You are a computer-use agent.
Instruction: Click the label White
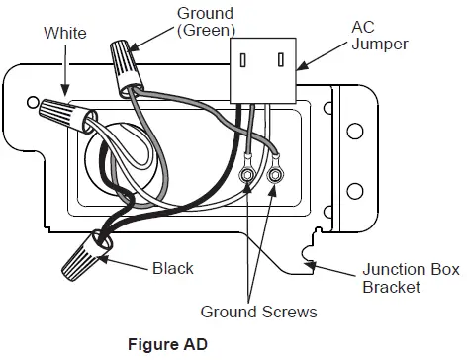click(x=65, y=33)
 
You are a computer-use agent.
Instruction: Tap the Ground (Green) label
click(x=206, y=22)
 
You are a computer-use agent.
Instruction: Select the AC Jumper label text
click(x=380, y=36)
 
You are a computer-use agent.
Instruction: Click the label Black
click(x=173, y=268)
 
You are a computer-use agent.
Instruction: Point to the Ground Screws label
click(x=258, y=312)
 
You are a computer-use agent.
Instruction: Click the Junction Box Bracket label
click(x=411, y=278)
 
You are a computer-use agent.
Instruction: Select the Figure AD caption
click(x=167, y=344)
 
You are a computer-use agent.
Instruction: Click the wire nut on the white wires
click(x=68, y=114)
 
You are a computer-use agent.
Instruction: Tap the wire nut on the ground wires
click(x=126, y=67)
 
